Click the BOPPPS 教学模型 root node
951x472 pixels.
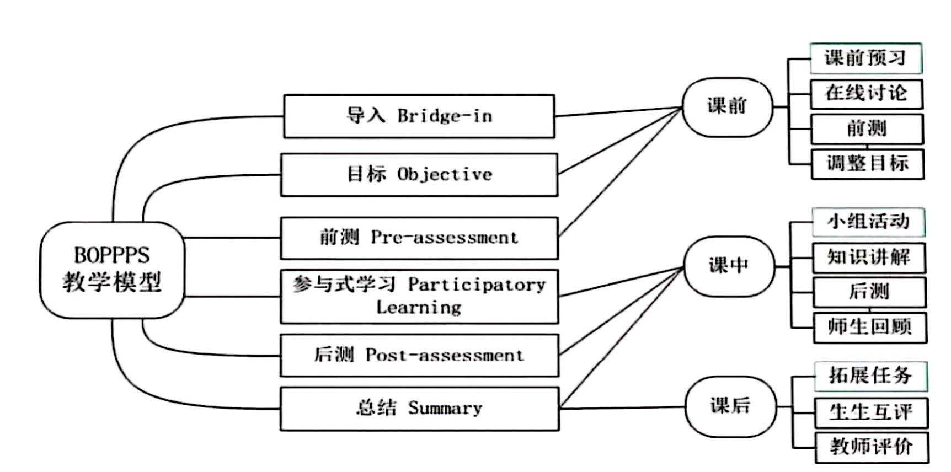pos(112,270)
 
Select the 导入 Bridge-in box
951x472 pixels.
pos(419,116)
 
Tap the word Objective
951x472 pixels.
pos(445,175)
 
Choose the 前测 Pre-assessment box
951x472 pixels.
pos(419,238)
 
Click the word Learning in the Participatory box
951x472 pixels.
pos(419,308)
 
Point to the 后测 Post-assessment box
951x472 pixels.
pos(419,355)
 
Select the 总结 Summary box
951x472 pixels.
pos(419,409)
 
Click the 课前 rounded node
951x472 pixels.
pos(727,106)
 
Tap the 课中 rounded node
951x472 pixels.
pos(729,266)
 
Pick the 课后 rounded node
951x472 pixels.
pos(730,407)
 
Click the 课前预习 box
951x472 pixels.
pos(865,58)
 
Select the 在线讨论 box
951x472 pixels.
pos(866,94)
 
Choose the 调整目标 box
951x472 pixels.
pos(867,164)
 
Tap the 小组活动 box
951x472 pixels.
pos(868,222)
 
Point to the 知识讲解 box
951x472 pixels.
pos(869,258)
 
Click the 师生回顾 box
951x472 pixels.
pos(870,328)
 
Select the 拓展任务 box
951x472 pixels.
pos(870,376)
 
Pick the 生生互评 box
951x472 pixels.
pos(871,412)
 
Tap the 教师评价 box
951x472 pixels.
pos(872,447)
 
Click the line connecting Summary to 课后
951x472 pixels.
pos(622,408)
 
